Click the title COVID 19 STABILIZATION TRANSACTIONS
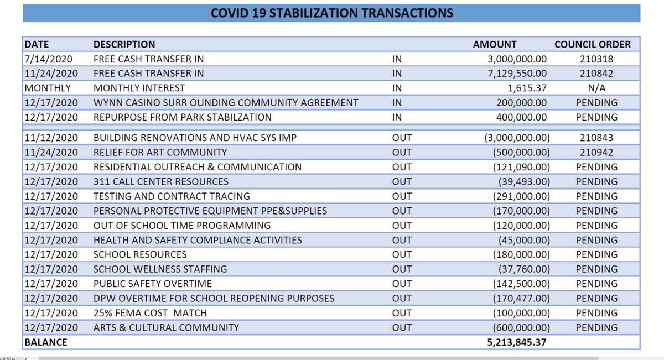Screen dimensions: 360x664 (x=331, y=13)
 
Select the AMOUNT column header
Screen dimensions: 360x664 (x=495, y=44)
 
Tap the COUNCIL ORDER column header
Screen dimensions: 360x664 (x=592, y=44)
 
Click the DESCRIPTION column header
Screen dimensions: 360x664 (x=124, y=44)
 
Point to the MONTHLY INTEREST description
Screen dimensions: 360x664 (x=139, y=88)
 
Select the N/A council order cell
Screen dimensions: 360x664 (x=596, y=88)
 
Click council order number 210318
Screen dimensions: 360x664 (x=596, y=59)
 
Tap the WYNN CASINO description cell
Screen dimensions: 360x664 (x=226, y=102)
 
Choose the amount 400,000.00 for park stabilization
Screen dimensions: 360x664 (x=519, y=117)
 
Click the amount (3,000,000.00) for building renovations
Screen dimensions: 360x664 (x=513, y=138)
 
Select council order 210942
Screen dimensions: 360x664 (x=596, y=152)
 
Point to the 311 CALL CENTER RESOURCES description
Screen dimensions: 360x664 (x=160, y=181)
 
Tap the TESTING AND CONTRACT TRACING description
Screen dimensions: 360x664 (x=172, y=196)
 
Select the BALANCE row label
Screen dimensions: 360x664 (x=45, y=342)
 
